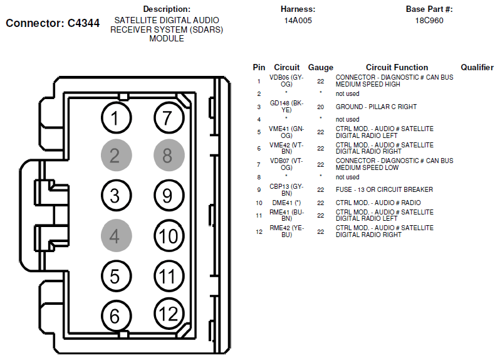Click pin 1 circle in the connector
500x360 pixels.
click(115, 117)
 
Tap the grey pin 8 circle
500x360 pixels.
click(167, 156)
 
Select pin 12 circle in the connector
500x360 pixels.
click(167, 314)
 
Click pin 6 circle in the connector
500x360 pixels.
click(115, 315)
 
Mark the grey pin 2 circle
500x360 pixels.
click(115, 156)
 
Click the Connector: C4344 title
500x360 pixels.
click(53, 24)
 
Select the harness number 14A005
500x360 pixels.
click(298, 20)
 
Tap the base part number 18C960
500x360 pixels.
click(429, 20)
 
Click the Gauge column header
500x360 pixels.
click(320, 67)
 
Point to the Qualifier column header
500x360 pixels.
click(477, 67)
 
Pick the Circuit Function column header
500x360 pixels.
click(397, 67)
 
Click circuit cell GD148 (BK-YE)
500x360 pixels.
click(286, 107)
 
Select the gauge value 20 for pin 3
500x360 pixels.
click(320, 107)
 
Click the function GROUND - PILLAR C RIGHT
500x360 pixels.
click(376, 107)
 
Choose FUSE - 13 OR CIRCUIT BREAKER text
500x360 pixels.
click(384, 189)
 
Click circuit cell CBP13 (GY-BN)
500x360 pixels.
click(286, 189)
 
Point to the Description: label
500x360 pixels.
click(166, 9)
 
